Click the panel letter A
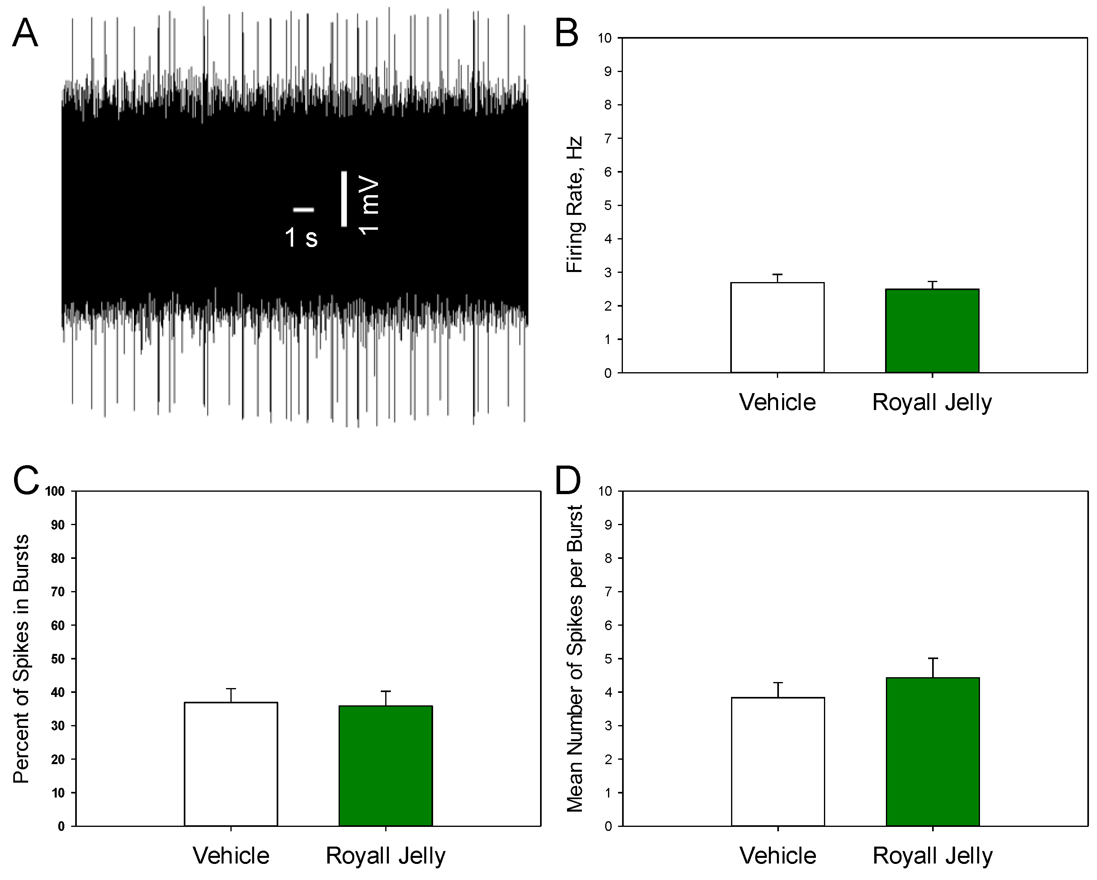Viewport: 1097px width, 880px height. pos(25,34)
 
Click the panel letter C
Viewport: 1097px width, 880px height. pos(26,481)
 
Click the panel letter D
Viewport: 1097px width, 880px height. pos(568,481)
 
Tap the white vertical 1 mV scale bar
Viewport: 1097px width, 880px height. pos(344,199)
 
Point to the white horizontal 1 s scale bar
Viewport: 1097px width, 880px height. pos(304,209)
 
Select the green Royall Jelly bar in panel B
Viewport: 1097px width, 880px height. pos(932,331)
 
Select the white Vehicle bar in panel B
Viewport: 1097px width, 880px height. pos(777,328)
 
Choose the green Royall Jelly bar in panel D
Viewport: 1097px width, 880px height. pos(933,752)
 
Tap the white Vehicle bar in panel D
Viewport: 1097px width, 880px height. pos(778,761)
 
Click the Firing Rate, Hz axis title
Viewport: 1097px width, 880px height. pos(575,205)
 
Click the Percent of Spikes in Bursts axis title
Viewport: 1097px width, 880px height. pos(21,659)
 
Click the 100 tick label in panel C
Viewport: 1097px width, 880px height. pos(55,491)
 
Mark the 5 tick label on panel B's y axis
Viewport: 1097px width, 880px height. pos(608,206)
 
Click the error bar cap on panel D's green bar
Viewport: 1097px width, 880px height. pos(933,658)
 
